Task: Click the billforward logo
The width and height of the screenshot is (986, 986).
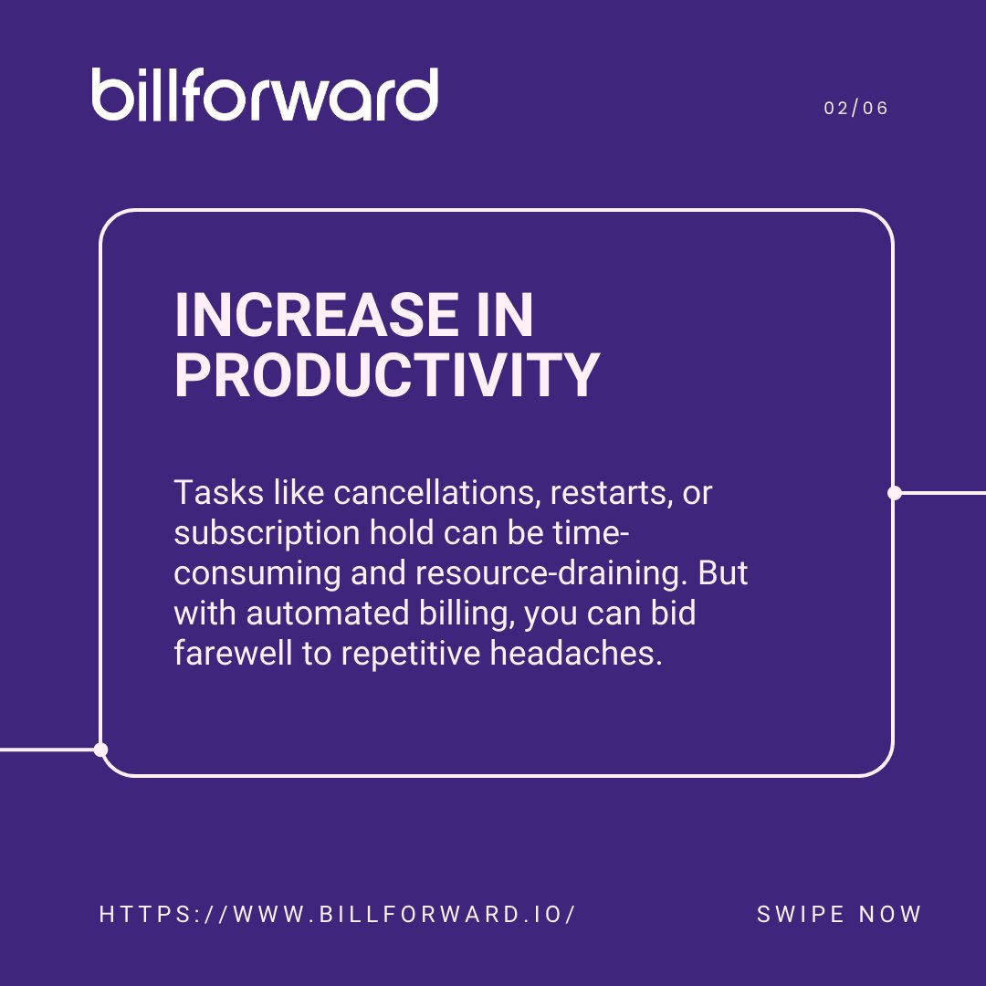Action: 265,95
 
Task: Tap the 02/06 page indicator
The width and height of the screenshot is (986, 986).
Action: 855,108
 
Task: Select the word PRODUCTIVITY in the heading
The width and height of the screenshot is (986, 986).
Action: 386,375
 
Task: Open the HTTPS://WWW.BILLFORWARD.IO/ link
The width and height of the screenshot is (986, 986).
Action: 337,914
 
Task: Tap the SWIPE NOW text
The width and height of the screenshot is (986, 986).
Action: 839,914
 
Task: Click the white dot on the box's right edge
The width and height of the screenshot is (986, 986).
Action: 894,493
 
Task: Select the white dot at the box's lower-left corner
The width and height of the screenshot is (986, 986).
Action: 100,750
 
